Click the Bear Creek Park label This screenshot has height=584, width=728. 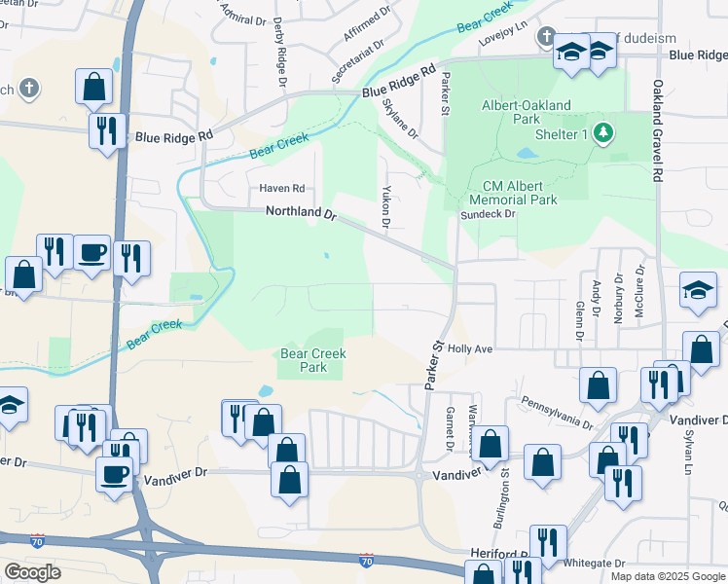pyautogui.click(x=312, y=361)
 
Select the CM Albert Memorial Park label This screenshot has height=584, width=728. pyautogui.click(x=520, y=193)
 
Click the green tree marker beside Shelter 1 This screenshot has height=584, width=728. pyautogui.click(x=603, y=131)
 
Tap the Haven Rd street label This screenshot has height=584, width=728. pyautogui.click(x=281, y=188)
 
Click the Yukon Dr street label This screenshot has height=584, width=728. pyautogui.click(x=386, y=207)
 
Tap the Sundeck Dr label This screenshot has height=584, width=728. pyautogui.click(x=487, y=214)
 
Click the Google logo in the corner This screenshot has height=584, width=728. pyautogui.click(x=33, y=572)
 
